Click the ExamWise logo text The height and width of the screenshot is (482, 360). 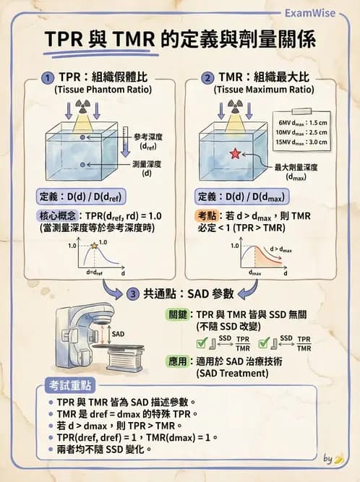coord(317,12)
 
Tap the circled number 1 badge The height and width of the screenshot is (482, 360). coord(46,77)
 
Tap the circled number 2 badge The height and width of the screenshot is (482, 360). coord(208,77)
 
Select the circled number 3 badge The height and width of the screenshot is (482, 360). coord(132,294)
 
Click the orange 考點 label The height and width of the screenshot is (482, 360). coord(207,215)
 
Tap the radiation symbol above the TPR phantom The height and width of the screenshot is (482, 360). coord(82,106)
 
